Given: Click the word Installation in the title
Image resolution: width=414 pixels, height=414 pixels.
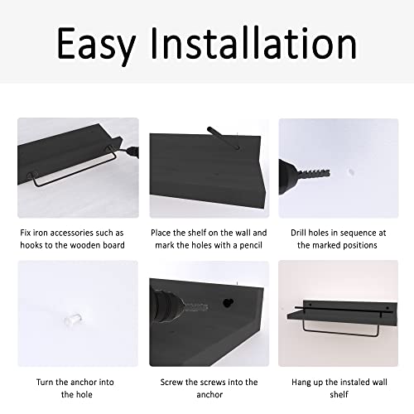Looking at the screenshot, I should pyautogui.click(x=248, y=42).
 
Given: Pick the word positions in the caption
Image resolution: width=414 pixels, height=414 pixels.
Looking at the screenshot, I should pyautogui.click(x=359, y=245).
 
